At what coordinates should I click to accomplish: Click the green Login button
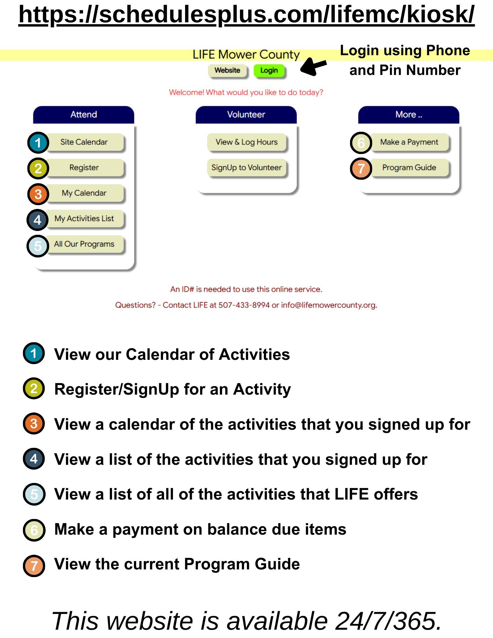[269, 70]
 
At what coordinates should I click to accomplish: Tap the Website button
[227, 70]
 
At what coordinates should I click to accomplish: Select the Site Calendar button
[84, 142]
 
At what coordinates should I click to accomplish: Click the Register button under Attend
[84, 167]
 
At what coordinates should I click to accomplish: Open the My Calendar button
[84, 193]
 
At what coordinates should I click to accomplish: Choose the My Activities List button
[84, 219]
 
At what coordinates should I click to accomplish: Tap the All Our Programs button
[84, 244]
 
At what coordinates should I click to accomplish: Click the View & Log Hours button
[246, 142]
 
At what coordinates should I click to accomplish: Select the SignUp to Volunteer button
[246, 167]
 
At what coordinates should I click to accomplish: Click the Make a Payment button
[409, 142]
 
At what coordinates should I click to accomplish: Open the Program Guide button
[409, 167]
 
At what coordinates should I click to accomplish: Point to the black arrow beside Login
[313, 66]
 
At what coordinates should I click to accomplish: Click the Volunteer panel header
[246, 115]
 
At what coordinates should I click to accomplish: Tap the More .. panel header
[408, 115]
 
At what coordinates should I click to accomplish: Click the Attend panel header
[84, 115]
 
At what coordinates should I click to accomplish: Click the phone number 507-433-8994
[244, 305]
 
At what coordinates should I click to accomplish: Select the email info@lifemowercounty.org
[329, 305]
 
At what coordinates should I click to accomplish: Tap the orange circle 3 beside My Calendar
[38, 194]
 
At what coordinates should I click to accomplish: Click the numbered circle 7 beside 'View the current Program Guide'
[34, 566]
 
